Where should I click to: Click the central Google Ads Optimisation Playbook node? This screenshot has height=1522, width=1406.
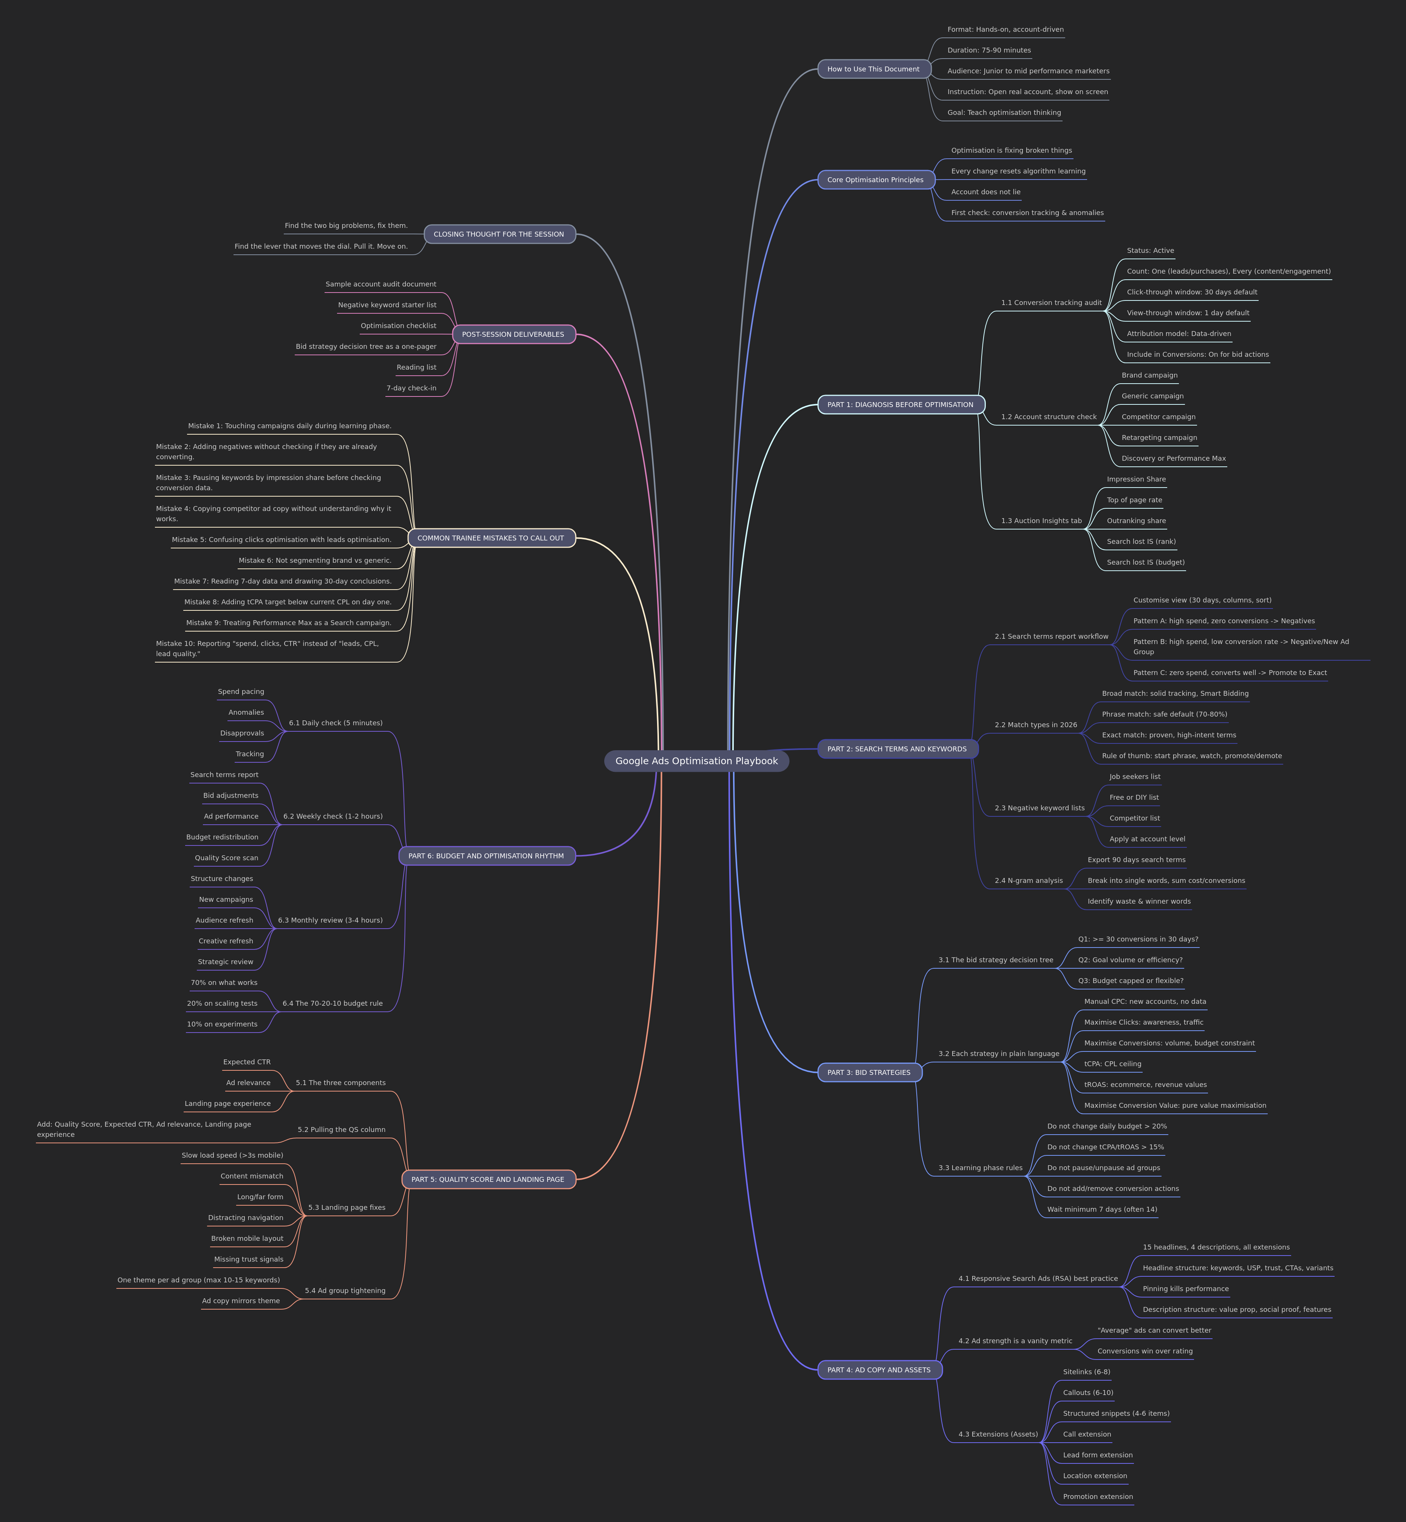(696, 761)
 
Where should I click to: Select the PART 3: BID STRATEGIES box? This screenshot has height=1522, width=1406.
(869, 1072)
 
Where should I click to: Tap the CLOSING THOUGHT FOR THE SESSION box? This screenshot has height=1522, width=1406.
(499, 234)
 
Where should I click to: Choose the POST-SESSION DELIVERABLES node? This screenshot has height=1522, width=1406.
(514, 334)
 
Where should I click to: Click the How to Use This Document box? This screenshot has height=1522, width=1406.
(874, 69)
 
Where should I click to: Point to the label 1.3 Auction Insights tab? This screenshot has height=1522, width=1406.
(1041, 520)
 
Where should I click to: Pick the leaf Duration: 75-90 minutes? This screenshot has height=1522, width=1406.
(989, 50)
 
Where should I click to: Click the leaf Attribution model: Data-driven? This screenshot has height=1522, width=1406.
(1179, 333)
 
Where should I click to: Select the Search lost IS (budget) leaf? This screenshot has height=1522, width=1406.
(1145, 562)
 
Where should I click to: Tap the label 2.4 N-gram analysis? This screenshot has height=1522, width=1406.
(1029, 881)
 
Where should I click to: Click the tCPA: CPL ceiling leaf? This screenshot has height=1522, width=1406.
(1112, 1064)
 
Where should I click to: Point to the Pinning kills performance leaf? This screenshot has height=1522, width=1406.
(1185, 1288)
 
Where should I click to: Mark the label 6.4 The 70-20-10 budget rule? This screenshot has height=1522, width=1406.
(333, 1003)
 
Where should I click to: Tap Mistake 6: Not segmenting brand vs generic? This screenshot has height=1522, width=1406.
(315, 560)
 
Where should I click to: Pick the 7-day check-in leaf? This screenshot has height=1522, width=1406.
(411, 388)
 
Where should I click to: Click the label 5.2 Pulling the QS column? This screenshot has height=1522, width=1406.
(342, 1129)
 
